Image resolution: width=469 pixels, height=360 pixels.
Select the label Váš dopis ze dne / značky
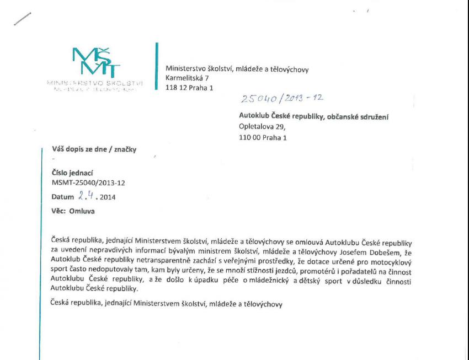(x=93, y=149)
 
